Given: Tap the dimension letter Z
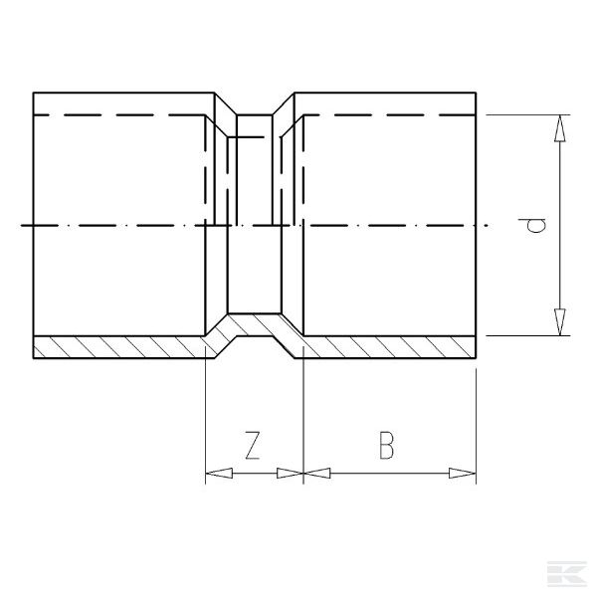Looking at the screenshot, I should (x=253, y=445).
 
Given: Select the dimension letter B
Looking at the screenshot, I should (x=387, y=445).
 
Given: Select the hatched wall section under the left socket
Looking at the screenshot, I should (x=119, y=347).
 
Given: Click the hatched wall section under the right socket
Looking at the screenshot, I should (x=388, y=347).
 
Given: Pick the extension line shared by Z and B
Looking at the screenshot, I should (x=302, y=418).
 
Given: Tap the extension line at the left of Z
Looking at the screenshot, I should (x=204, y=418).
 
